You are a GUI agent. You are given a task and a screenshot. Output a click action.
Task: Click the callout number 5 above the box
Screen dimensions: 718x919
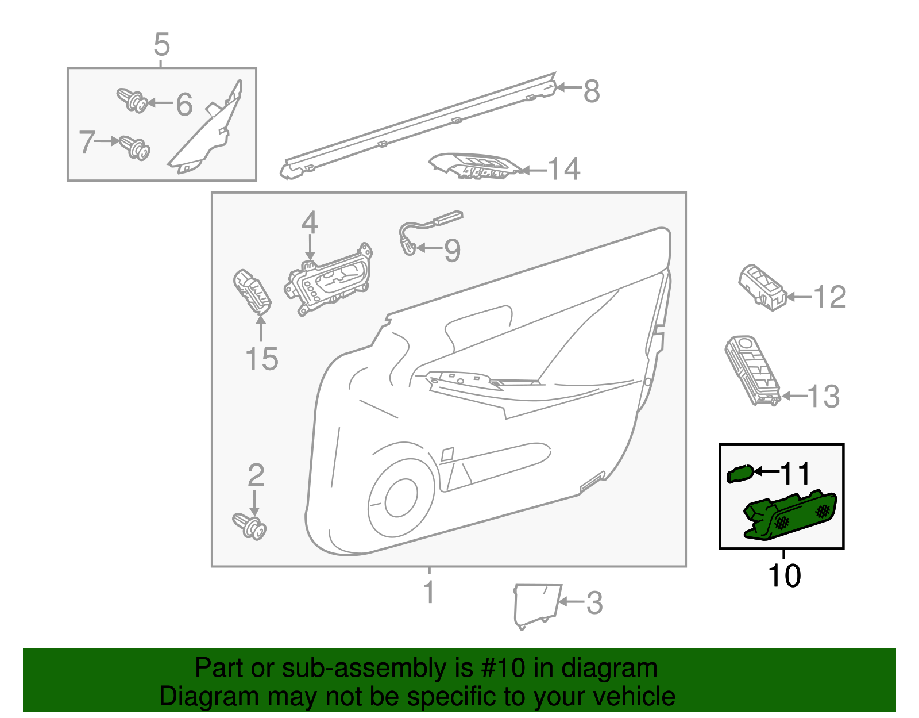pos(162,44)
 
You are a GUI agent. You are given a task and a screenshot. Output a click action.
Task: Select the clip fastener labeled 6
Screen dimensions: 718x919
pos(132,101)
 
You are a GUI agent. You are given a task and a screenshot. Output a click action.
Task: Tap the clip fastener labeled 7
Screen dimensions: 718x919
pos(135,147)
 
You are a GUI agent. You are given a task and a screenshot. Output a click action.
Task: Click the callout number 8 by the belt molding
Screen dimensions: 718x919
pos(592,91)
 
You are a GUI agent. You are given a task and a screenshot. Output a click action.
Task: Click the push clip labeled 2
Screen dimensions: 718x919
pos(250,525)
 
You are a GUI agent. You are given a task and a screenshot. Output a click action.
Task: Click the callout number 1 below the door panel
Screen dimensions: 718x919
pos(429,592)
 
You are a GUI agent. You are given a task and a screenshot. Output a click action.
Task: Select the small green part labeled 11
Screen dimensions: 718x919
pos(740,474)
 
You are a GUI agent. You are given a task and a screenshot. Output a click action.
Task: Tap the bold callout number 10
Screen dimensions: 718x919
pos(784,575)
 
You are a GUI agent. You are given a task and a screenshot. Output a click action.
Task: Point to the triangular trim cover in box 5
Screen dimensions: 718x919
pos(207,135)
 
